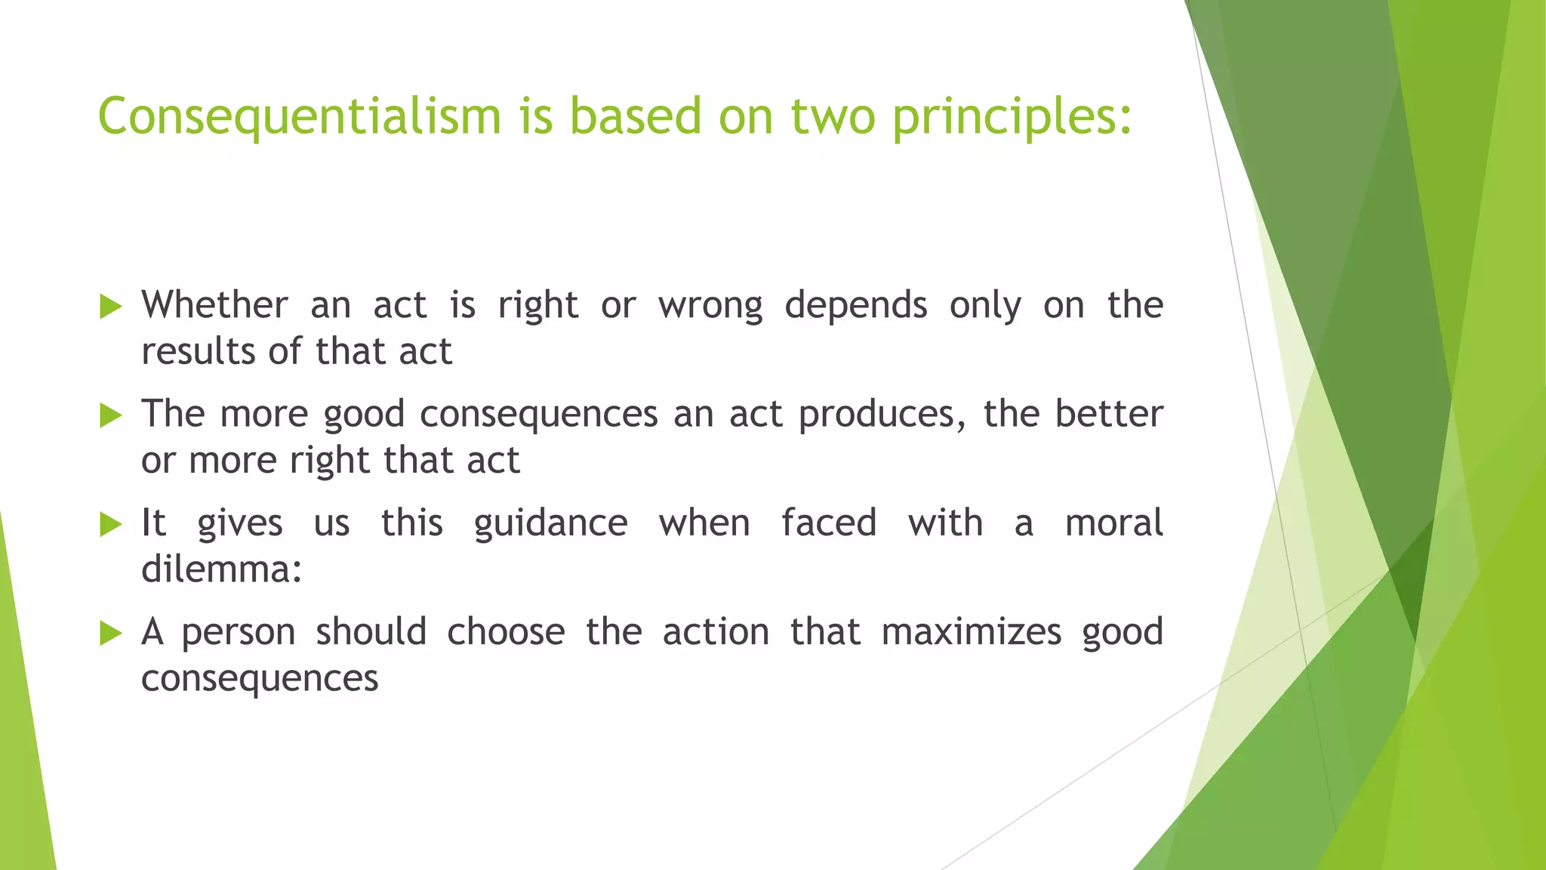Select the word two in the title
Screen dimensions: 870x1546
click(x=833, y=117)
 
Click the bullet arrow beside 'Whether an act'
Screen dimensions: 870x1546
click(x=110, y=307)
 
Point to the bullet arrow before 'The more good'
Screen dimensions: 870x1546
click(x=110, y=415)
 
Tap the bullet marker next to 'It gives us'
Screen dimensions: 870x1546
click(x=110, y=524)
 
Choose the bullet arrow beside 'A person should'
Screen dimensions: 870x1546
click(x=110, y=633)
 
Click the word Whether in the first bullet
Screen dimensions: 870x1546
click(x=214, y=305)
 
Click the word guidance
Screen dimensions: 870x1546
click(x=550, y=524)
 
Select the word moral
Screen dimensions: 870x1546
click(x=1113, y=523)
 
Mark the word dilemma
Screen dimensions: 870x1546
click(x=221, y=569)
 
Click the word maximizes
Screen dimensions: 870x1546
click(x=971, y=632)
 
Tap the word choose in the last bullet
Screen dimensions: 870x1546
click(x=506, y=631)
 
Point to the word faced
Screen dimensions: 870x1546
click(x=828, y=523)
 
